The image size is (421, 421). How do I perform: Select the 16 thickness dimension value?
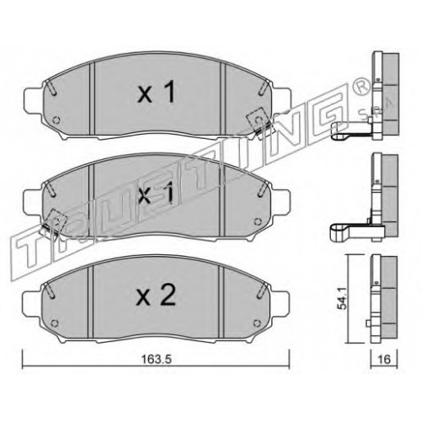click(384, 360)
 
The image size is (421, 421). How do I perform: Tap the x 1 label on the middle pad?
click(156, 194)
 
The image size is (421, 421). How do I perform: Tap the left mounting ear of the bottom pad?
click(32, 306)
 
